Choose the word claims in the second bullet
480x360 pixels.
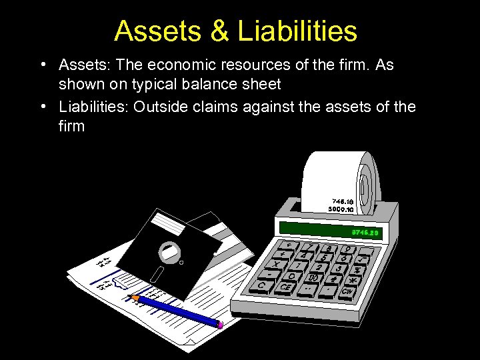pos(215,106)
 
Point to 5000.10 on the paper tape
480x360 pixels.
pos(341,209)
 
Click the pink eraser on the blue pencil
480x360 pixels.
pos(220,325)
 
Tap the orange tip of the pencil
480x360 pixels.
pos(135,297)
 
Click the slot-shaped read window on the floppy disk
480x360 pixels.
pos(158,273)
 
